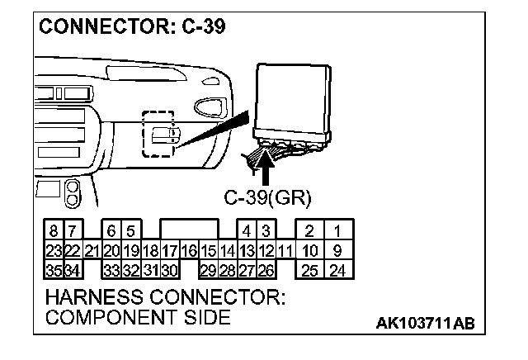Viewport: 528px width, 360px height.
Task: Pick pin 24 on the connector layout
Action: click(337, 269)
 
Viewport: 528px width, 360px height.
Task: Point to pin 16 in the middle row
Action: click(189, 250)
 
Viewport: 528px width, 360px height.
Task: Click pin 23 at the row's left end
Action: click(54, 250)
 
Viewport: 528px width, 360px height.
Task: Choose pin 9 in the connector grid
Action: click(337, 250)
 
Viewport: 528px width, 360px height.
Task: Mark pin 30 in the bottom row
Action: click(170, 269)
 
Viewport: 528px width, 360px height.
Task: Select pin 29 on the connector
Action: click(208, 269)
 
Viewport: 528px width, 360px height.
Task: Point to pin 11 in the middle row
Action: click(285, 250)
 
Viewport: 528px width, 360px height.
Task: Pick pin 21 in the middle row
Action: click(92, 250)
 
